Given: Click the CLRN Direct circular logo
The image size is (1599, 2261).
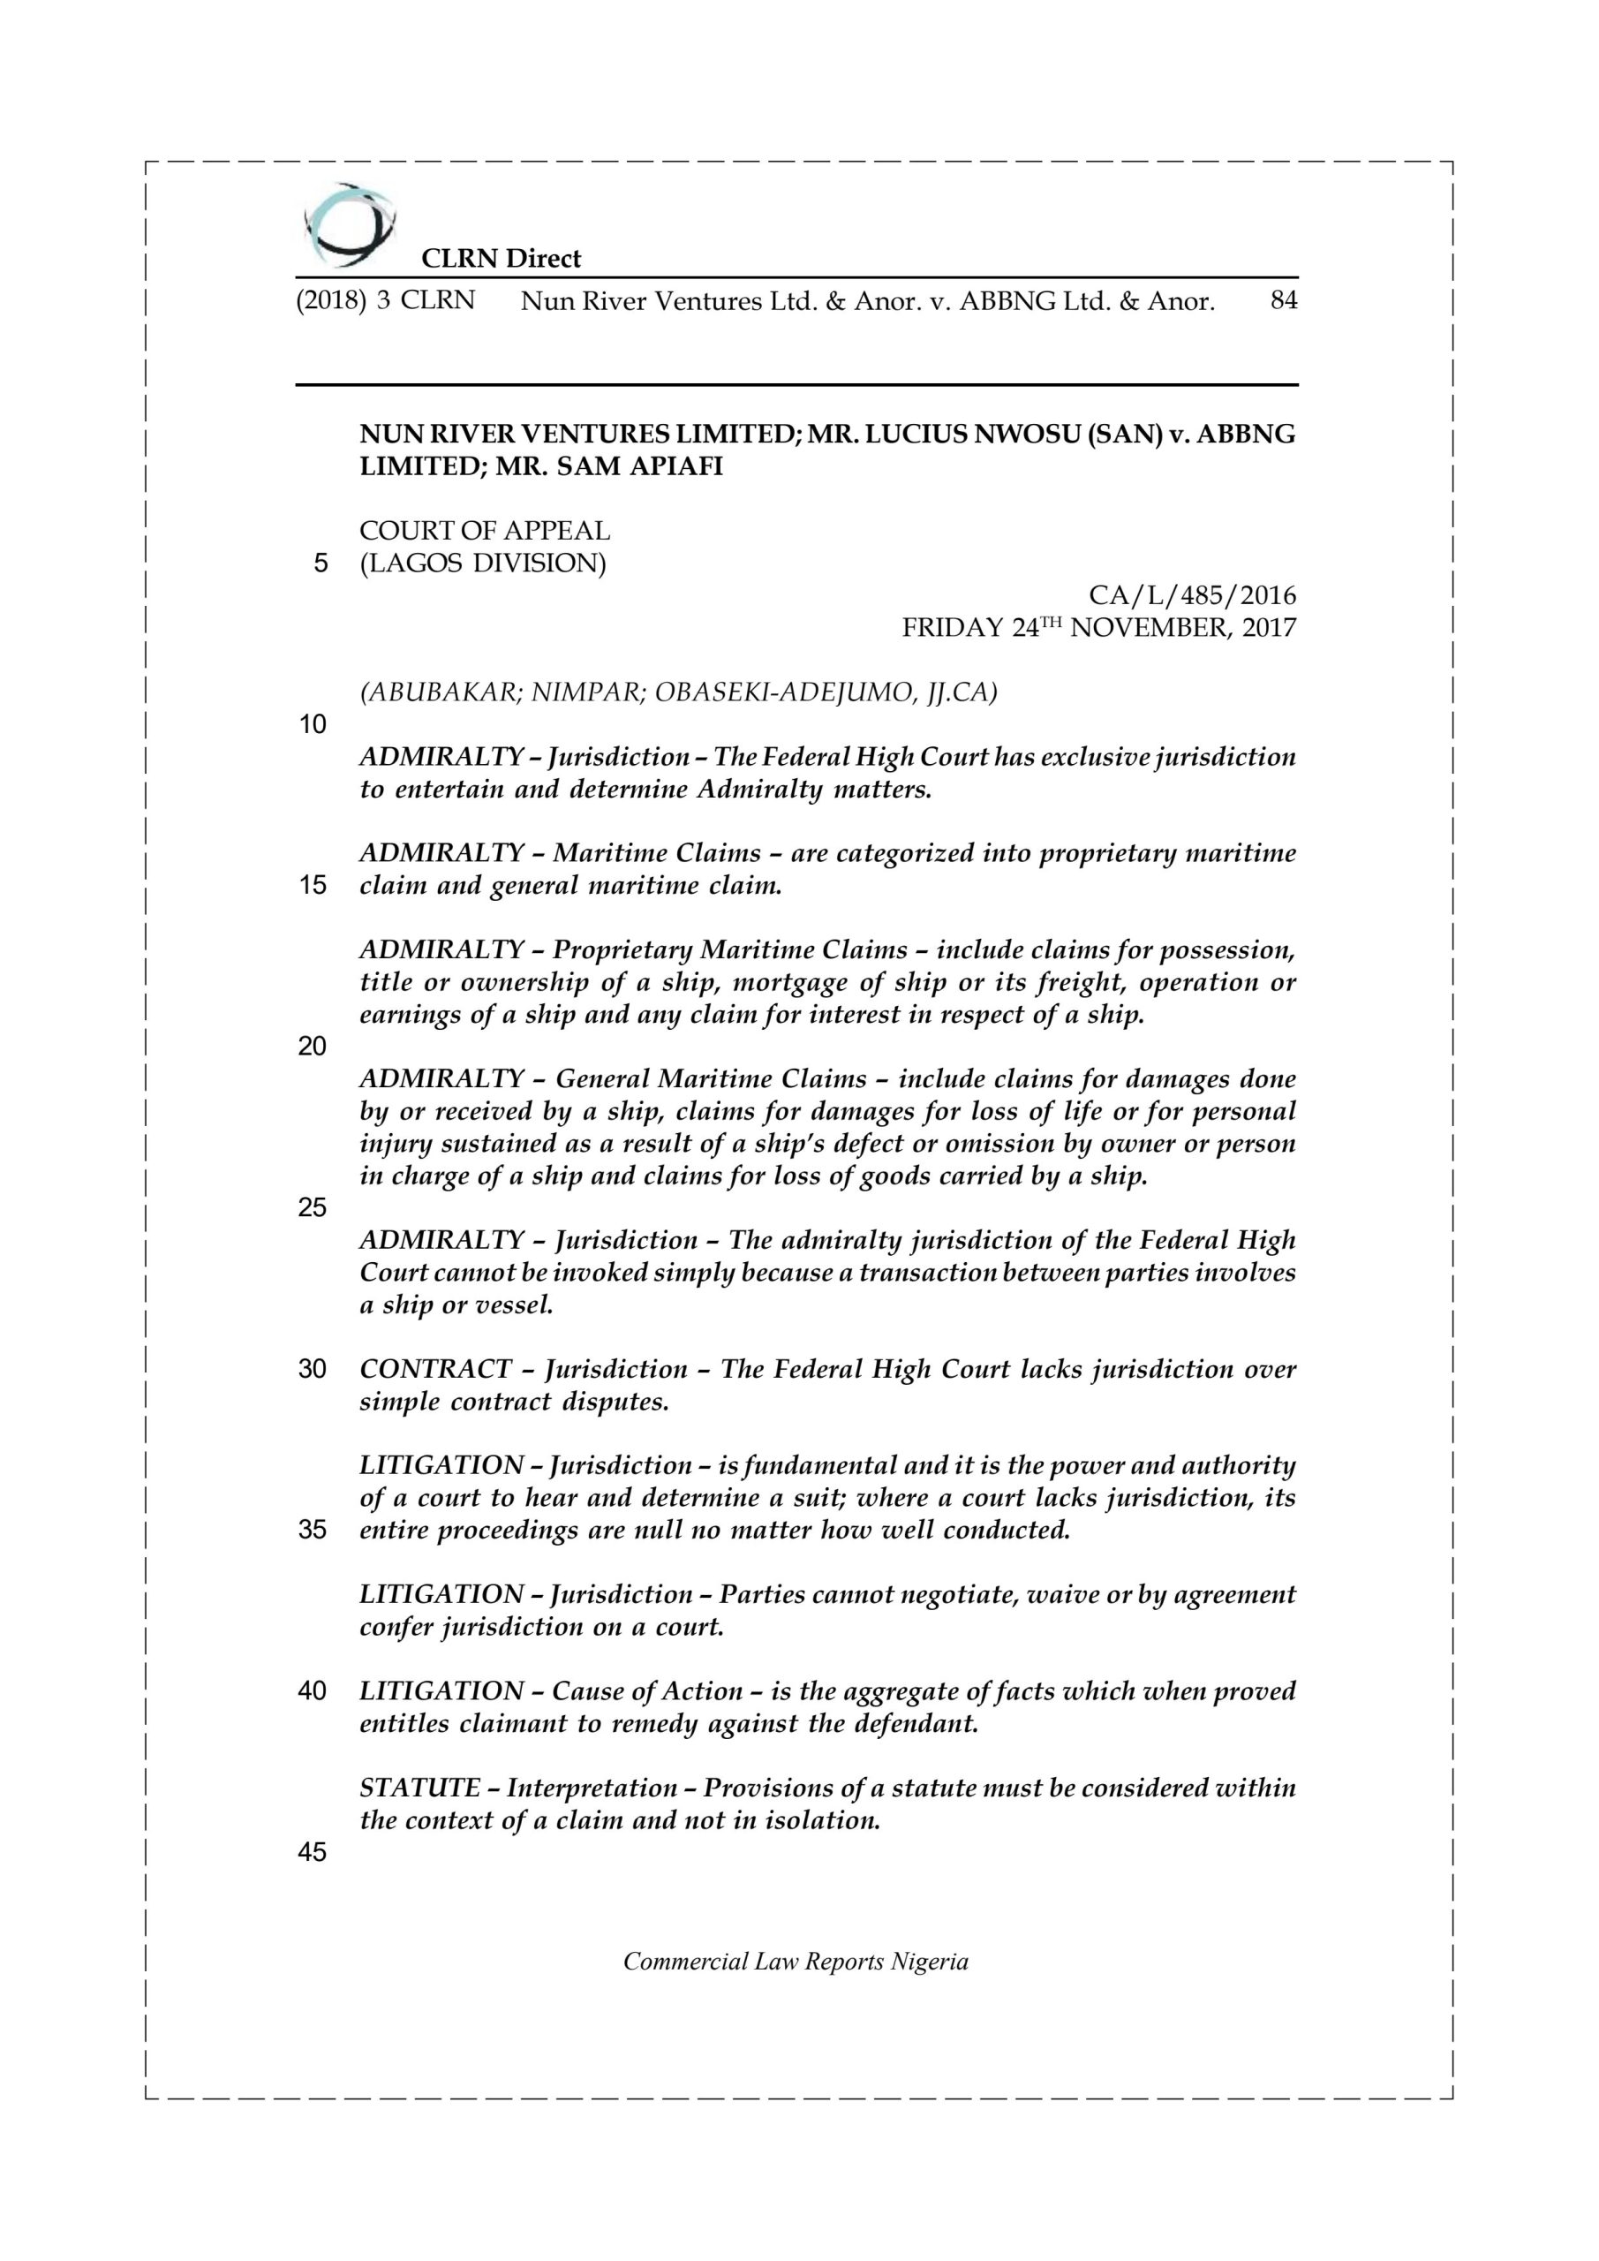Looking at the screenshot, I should pos(349,225).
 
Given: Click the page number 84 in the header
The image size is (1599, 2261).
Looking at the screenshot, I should pos(1284,300).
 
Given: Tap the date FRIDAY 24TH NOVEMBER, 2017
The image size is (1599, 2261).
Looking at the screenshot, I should pos(1099,627).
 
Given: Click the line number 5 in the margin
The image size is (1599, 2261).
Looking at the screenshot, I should pos(320,564).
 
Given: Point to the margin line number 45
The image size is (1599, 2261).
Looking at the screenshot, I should pos(313,1852).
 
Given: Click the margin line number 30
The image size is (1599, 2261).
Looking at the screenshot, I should pos(313,1370).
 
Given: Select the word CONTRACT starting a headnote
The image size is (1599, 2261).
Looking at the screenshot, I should pos(435,1369).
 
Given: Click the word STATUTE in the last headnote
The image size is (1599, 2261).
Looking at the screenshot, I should pos(419,1788).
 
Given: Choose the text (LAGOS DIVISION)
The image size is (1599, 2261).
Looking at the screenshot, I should pos(482,563).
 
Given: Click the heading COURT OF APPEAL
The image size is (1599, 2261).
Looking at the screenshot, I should pos(485,531).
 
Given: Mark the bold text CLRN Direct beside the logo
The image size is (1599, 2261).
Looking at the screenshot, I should pos(502,258).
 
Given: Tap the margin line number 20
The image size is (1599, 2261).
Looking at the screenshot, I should pos(313,1047).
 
